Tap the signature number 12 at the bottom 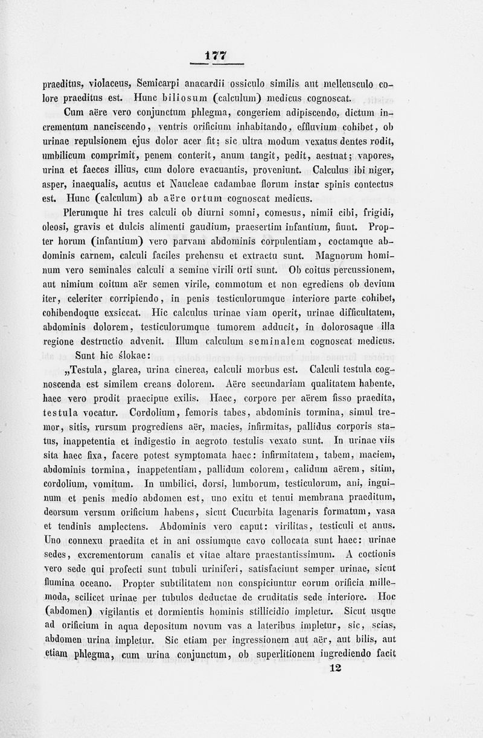click(337, 667)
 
